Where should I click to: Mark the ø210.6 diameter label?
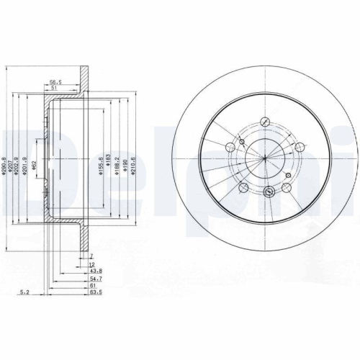pyautogui.click(x=135, y=159)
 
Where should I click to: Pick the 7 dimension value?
pyautogui.click(x=91, y=255)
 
